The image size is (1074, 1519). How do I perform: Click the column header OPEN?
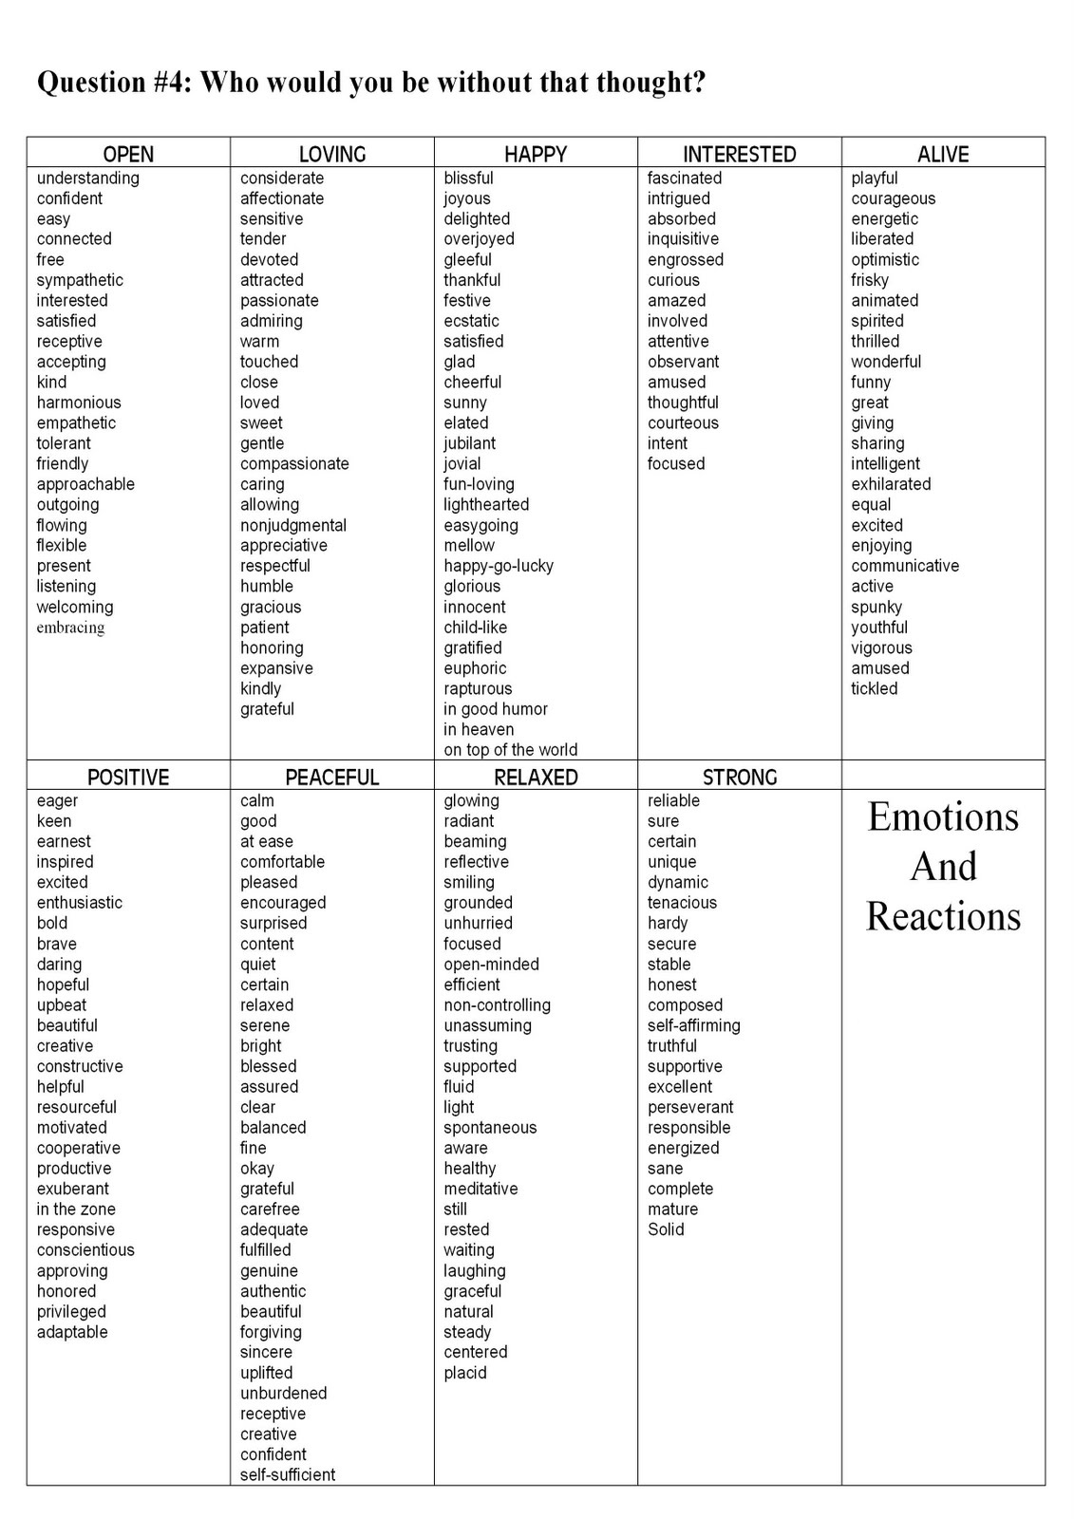tap(128, 154)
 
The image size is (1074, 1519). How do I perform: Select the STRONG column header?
tap(740, 777)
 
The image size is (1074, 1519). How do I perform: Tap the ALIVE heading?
tap(943, 154)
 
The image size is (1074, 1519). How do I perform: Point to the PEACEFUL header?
tap(332, 777)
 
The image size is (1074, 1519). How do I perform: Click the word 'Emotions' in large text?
tap(943, 816)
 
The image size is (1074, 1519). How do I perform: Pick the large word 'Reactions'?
tap(943, 917)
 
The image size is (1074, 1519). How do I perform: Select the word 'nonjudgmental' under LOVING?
tap(292, 525)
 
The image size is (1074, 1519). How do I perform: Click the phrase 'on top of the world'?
tap(510, 750)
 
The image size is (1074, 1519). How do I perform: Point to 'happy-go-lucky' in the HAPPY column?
tap(499, 566)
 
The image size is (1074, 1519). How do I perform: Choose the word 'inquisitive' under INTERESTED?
tap(683, 239)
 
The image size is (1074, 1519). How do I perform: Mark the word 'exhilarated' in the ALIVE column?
tap(891, 484)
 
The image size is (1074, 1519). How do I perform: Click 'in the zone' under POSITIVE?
tap(76, 1210)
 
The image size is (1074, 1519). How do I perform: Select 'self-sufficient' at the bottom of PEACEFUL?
tap(288, 1474)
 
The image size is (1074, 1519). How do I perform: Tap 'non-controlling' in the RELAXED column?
tap(497, 1005)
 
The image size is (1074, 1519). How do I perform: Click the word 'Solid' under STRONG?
tap(666, 1229)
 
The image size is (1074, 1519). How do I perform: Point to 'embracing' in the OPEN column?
tap(71, 628)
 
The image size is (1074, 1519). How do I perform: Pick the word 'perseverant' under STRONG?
tap(690, 1107)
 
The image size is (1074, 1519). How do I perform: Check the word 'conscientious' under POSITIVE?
tap(85, 1250)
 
